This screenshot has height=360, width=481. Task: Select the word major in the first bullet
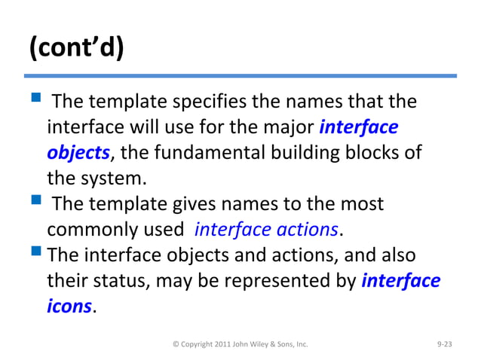286,127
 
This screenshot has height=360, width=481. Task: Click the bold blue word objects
78,153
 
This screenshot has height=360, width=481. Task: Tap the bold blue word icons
69,307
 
